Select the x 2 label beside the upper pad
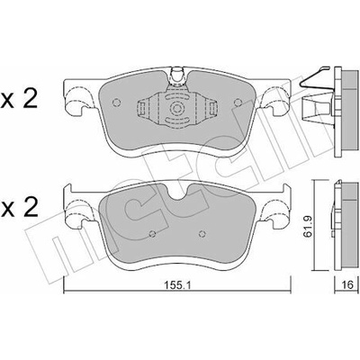(x=19, y=100)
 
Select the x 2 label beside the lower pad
(x=19, y=208)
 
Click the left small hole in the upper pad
(x=116, y=103)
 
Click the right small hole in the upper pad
(x=238, y=103)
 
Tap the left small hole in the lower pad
(x=152, y=234)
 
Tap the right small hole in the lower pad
(x=202, y=234)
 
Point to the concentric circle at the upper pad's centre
(x=176, y=108)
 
